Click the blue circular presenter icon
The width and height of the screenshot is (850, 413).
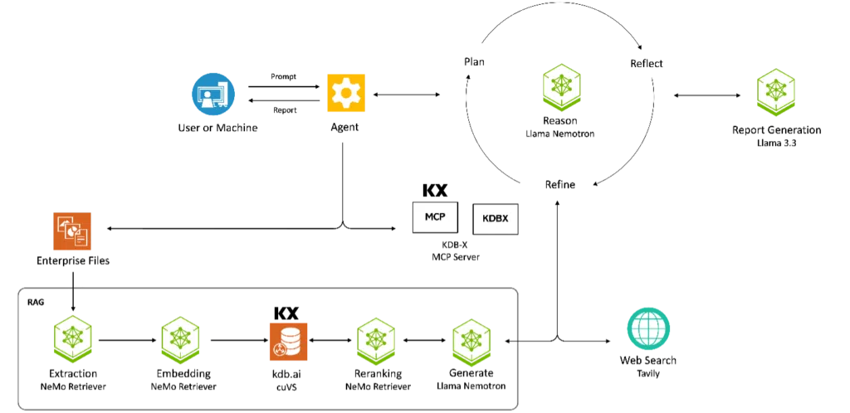point(213,95)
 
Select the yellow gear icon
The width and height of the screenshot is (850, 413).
point(345,92)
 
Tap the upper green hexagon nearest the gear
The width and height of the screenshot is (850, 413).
point(562,85)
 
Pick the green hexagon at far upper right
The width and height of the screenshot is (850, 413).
point(777,91)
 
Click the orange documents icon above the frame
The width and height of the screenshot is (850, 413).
point(73,231)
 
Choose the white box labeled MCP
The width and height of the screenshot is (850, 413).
point(435,217)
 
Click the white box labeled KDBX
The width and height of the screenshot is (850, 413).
point(495,219)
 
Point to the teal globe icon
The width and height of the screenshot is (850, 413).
point(647,328)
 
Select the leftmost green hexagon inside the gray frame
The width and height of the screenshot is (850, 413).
point(73,338)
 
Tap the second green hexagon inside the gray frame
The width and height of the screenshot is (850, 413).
point(179,338)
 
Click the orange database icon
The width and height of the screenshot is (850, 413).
point(288,341)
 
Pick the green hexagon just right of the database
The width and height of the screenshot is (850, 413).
point(376,341)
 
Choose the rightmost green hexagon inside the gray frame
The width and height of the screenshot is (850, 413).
point(471,343)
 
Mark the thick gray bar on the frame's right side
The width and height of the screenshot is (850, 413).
point(520,348)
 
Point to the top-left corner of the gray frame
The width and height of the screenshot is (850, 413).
point(17,289)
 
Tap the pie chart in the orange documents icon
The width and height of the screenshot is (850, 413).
point(71,228)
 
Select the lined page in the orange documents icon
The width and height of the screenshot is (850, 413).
point(81,240)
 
